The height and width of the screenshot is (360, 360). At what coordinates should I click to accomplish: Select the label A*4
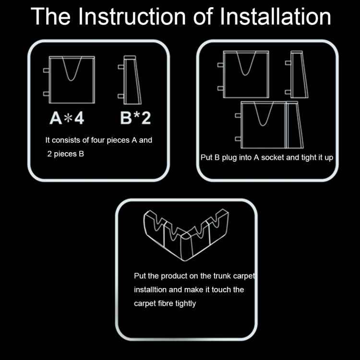[67, 118]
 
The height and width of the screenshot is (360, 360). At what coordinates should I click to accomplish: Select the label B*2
[135, 118]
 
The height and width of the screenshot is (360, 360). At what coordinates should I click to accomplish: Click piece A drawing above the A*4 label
[72, 79]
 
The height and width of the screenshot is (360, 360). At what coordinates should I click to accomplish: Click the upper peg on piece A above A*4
[46, 70]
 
